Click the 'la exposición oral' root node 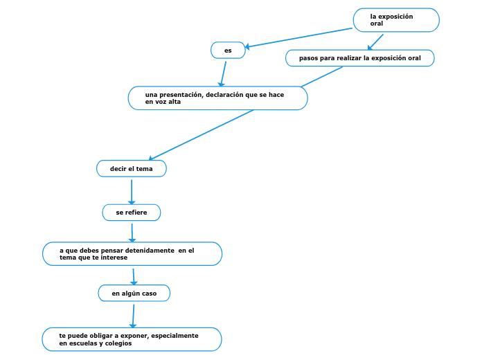click(x=396, y=20)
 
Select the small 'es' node click(x=228, y=51)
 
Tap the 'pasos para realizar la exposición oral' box click(x=359, y=58)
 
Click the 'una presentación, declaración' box click(x=217, y=98)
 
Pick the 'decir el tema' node click(x=131, y=169)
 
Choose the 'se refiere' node click(x=131, y=213)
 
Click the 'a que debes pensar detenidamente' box click(x=132, y=254)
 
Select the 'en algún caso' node click(x=134, y=294)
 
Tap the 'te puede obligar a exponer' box click(x=132, y=339)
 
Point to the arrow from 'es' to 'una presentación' click(x=223, y=73)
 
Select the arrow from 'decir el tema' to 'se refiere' click(x=132, y=190)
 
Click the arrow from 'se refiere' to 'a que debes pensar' click(x=132, y=232)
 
